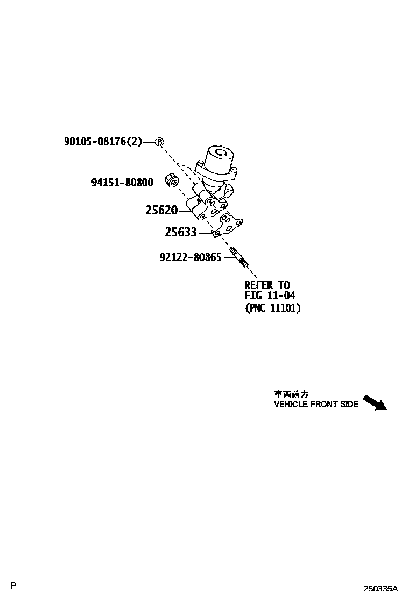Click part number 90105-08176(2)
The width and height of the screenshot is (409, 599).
(103, 142)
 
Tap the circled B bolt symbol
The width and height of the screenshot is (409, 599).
(159, 142)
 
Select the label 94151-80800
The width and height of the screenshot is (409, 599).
(122, 183)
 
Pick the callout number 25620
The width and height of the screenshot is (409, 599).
(161, 210)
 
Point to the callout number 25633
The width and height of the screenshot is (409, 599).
(180, 233)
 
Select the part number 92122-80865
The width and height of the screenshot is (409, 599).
(191, 258)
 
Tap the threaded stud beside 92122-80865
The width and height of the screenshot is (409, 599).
(239, 257)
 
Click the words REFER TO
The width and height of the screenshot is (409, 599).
(267, 285)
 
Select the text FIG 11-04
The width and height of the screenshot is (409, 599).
(270, 296)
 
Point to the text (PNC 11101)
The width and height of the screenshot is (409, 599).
(272, 309)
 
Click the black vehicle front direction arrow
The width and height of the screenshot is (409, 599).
(375, 402)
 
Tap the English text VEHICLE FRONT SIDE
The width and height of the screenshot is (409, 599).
(316, 404)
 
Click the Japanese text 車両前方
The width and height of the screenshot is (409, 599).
(291, 394)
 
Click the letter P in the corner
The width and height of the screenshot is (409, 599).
(13, 586)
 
